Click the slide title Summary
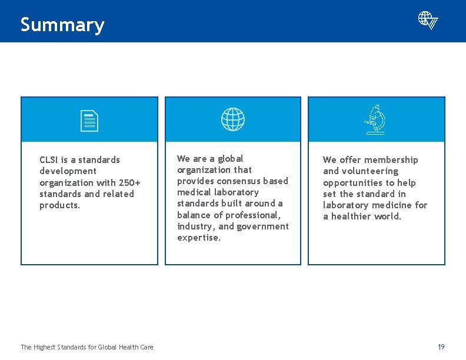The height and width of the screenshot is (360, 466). point(62,25)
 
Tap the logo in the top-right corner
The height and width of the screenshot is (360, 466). point(428,20)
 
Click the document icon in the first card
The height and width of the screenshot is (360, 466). point(89,120)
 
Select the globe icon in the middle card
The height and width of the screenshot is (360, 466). point(233,119)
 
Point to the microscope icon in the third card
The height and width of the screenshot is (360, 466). point(375,119)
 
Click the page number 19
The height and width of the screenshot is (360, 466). point(441,346)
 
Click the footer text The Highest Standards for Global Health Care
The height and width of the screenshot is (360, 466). point(87,347)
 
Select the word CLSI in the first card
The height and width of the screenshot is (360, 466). point(49,160)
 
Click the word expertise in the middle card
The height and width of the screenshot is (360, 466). point(199,238)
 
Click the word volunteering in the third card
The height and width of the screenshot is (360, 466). point(369,171)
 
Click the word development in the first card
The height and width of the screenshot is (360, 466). point(68,171)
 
